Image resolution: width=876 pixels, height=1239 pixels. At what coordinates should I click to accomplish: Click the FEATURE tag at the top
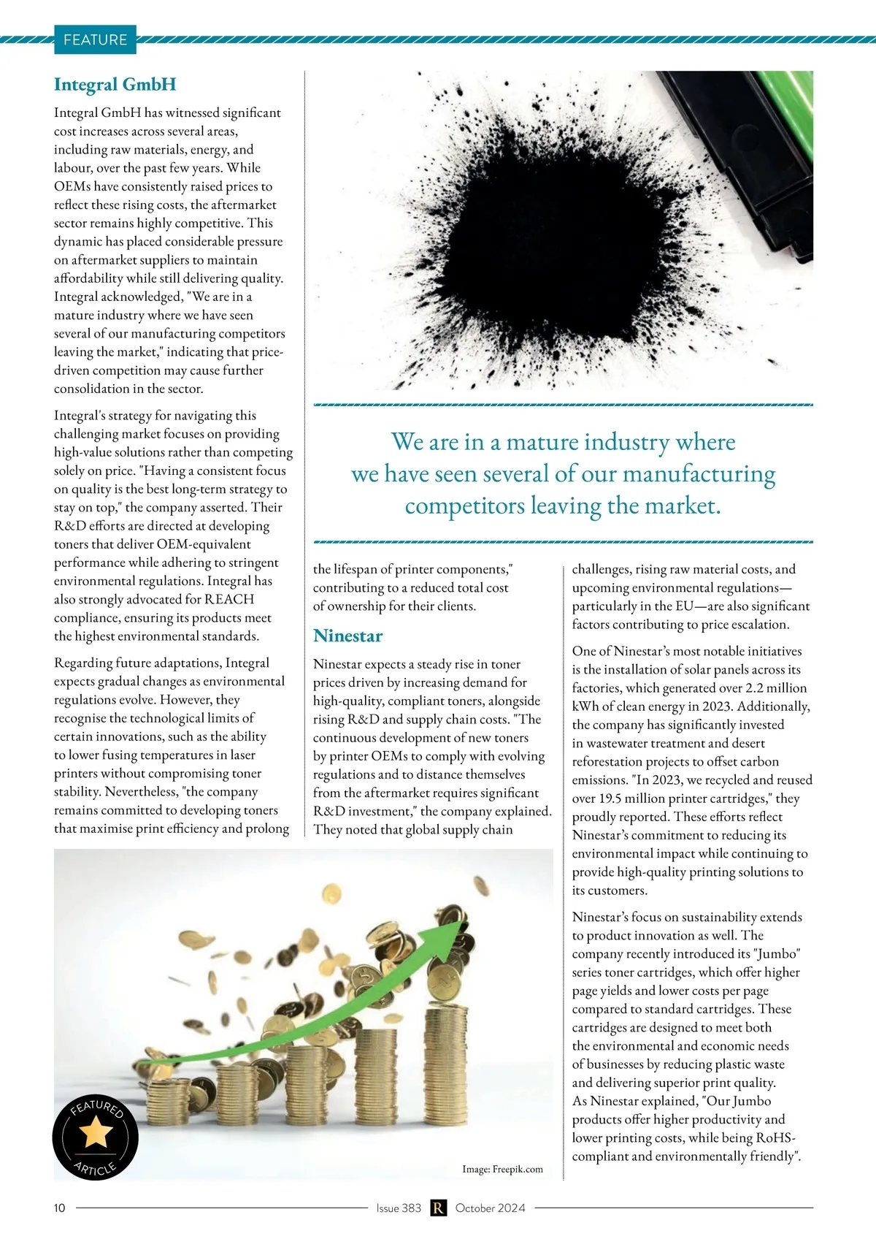95,39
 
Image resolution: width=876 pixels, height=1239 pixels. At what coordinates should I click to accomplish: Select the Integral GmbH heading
115,85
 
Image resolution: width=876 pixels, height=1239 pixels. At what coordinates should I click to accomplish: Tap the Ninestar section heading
347,636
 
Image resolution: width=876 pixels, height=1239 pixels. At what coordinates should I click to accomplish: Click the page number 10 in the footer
59,1208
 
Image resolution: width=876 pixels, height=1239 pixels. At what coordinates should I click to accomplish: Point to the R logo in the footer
438,1208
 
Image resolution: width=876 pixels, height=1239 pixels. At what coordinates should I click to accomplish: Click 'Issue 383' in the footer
399,1208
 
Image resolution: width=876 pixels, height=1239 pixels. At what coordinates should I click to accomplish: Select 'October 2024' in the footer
490,1208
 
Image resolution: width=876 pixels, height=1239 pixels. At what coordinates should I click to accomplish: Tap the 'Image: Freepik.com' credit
502,1170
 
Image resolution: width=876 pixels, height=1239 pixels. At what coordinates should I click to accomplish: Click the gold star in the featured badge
96,1133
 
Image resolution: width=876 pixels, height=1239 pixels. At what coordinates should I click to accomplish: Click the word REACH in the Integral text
229,600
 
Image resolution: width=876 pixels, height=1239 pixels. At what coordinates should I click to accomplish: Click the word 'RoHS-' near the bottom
775,1138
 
